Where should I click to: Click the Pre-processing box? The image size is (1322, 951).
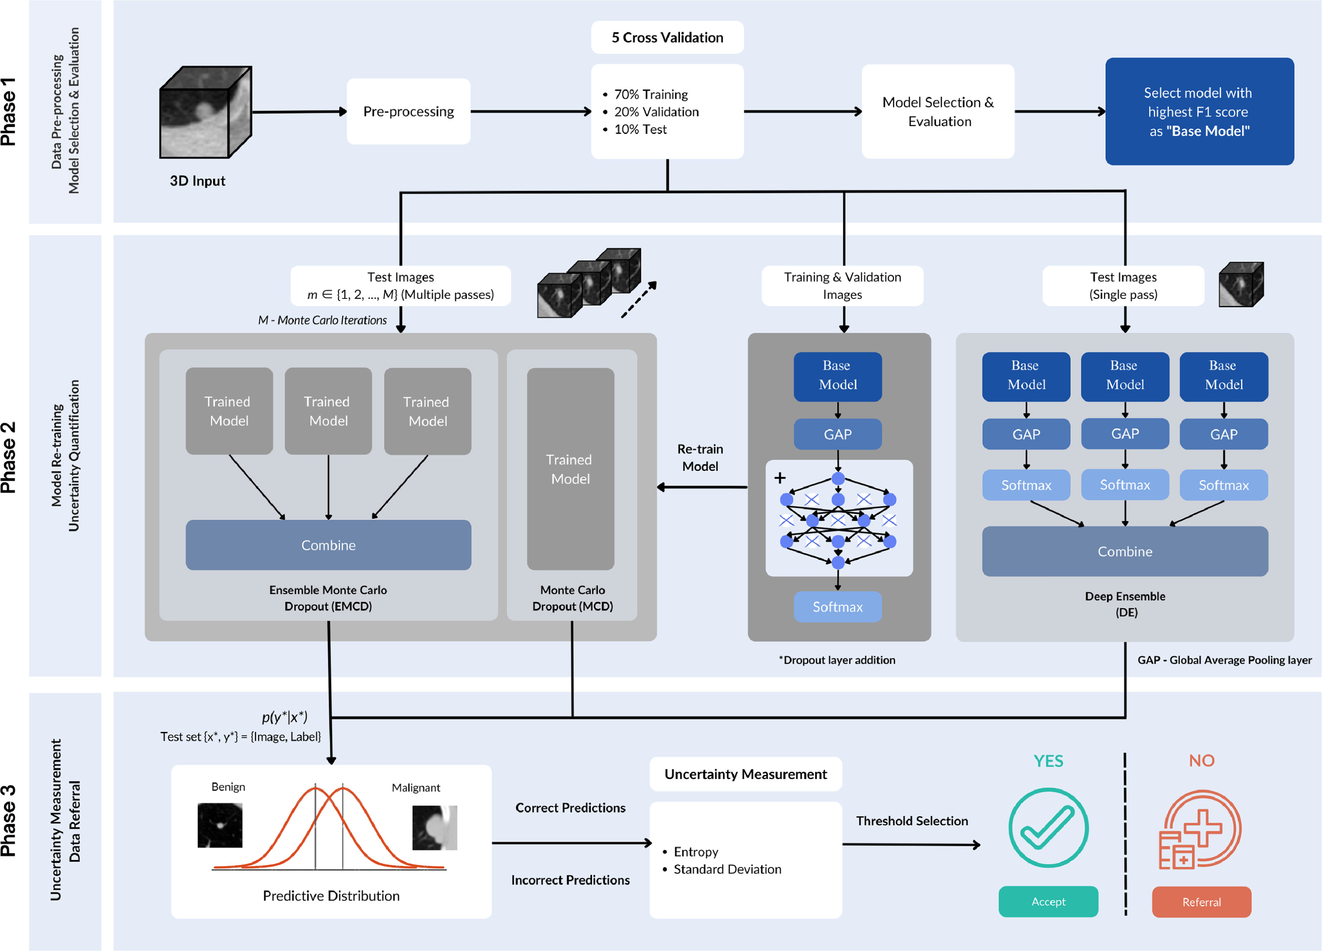pos(408,111)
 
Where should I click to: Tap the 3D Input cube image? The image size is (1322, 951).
pos(205,112)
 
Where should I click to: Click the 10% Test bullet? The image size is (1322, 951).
pos(640,129)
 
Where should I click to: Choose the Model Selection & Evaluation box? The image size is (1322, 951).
pos(938,111)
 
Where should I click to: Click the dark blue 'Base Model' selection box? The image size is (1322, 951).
pos(1199,111)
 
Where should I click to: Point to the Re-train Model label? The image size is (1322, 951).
pos(700,458)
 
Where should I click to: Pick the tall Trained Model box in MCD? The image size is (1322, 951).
pos(570,469)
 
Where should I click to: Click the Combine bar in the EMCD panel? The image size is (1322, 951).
pos(328,545)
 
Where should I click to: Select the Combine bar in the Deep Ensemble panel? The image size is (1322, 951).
pos(1124,551)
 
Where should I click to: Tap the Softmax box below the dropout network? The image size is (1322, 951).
pos(838,607)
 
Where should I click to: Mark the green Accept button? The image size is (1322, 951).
pos(1048,902)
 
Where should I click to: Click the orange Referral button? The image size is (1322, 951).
pos(1201,902)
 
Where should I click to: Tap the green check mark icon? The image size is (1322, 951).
pos(1048,828)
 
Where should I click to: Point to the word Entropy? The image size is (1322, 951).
pos(696,852)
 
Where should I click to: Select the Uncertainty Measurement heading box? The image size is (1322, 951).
pos(745,774)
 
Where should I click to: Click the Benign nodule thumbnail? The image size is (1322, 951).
pos(220,825)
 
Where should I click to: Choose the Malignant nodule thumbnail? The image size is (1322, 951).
pos(434,828)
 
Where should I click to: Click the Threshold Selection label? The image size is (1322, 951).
pos(912,820)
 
